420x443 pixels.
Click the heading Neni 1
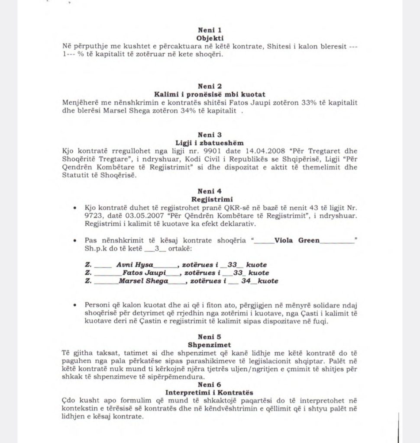(210, 30)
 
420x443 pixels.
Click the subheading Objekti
(210, 38)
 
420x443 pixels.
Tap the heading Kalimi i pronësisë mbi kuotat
(210, 94)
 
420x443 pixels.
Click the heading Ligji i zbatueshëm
(210, 143)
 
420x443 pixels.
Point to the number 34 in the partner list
(246, 281)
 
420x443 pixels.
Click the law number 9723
(95, 215)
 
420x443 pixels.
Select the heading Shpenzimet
(210, 345)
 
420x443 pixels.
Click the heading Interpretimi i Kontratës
(210, 393)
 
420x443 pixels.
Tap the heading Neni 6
(210, 385)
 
